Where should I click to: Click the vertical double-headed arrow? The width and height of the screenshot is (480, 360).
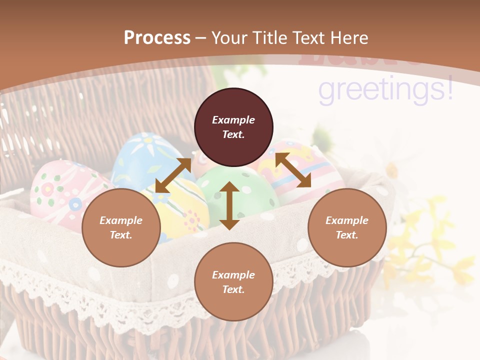coord(229,205)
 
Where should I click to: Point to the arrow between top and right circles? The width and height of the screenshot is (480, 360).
coord(293,170)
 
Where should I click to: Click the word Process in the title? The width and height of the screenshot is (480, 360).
coord(157,37)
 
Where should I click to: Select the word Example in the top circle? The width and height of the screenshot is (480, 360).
coord(233,120)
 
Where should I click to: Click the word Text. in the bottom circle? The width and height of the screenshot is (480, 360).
coord(233,289)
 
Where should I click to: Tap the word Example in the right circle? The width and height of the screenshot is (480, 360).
coord(347,220)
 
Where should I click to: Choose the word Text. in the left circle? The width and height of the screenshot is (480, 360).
coord(121,235)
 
